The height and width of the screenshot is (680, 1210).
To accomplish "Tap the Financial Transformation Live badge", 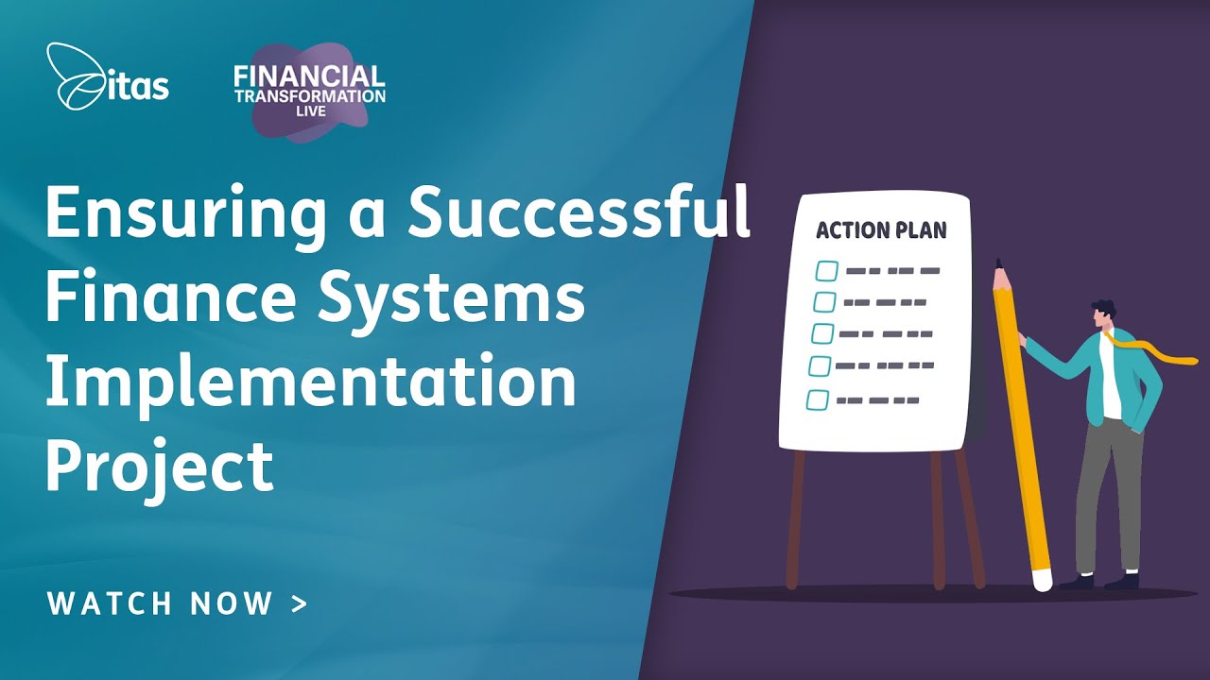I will click(309, 91).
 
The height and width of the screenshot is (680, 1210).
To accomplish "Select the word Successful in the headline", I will click(579, 214).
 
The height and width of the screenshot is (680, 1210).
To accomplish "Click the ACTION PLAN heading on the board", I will click(880, 230).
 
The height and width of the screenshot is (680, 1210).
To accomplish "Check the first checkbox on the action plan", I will click(827, 271).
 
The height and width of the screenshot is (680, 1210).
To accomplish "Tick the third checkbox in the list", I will click(822, 333).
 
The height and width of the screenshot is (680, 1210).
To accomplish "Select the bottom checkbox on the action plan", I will click(818, 399).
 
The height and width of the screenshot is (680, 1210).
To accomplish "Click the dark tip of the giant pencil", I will click(998, 265).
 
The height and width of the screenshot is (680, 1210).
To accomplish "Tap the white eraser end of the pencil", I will click(1043, 579).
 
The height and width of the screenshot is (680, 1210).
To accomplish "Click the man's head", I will click(1103, 315).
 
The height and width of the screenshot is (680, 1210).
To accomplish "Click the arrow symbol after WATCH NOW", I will click(300, 604).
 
